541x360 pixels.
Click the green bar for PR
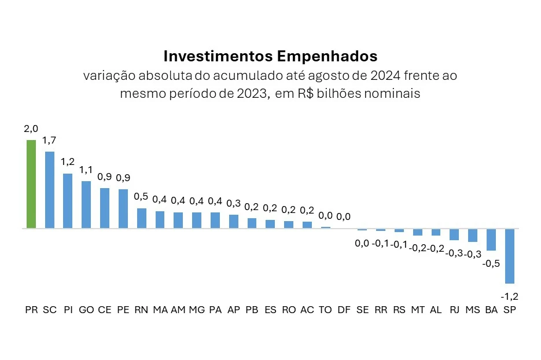[x=31, y=184]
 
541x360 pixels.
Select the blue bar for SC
[x=50, y=190]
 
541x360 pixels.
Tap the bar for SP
[x=509, y=256]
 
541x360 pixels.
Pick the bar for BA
[x=491, y=240]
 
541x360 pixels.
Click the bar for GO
[x=86, y=204]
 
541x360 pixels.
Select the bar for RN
[x=141, y=218]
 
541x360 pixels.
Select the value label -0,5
[x=491, y=263]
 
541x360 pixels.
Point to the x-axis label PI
[x=68, y=310]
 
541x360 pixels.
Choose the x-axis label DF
[x=344, y=310]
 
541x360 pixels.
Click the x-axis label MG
[x=197, y=310]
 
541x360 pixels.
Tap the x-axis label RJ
[x=454, y=310]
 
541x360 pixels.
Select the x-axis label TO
[x=325, y=310]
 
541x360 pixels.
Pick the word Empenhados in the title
[x=329, y=56]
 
